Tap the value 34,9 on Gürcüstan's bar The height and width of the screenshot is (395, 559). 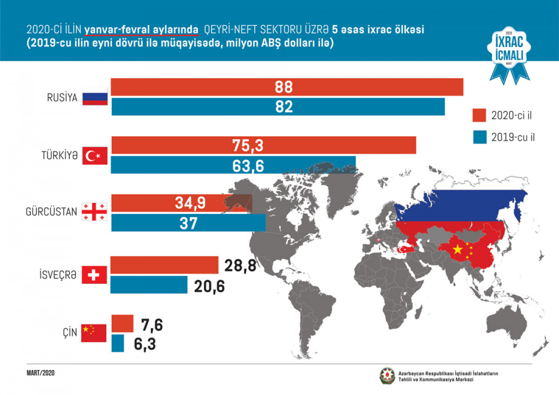pos(190,202)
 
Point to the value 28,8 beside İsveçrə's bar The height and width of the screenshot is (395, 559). pos(240,266)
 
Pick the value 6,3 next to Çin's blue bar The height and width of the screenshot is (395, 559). pos(144,344)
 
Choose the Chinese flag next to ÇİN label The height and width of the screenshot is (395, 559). pos(94,333)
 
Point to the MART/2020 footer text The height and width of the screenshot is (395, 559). pos(41,373)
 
